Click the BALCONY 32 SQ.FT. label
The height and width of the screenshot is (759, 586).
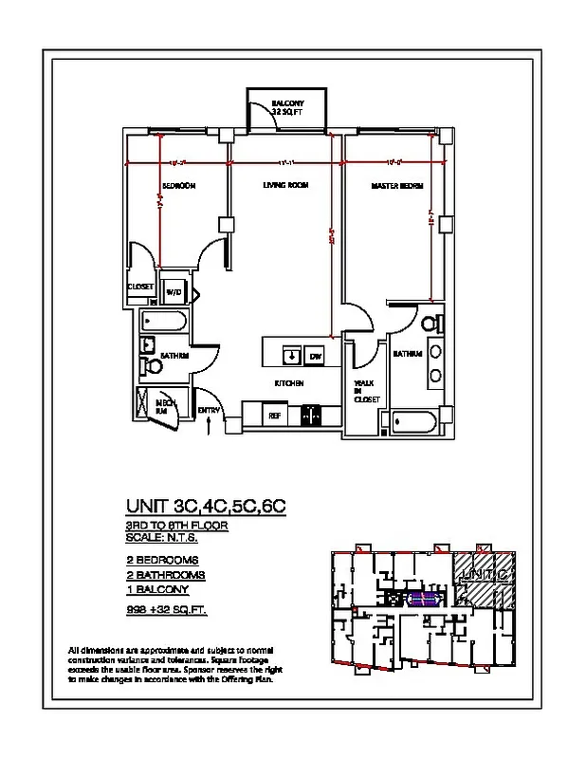[286, 106]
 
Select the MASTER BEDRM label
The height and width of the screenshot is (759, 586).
[396, 186]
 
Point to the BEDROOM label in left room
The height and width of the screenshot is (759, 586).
[178, 186]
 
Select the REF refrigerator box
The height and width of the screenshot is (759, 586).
[274, 415]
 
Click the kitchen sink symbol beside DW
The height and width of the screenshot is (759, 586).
[291, 355]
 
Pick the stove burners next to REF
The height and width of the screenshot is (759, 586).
[310, 415]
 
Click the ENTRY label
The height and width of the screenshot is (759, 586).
[209, 410]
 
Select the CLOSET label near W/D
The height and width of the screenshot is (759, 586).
[141, 286]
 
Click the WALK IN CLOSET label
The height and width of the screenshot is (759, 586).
[367, 391]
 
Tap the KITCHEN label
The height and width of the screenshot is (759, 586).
[289, 383]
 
